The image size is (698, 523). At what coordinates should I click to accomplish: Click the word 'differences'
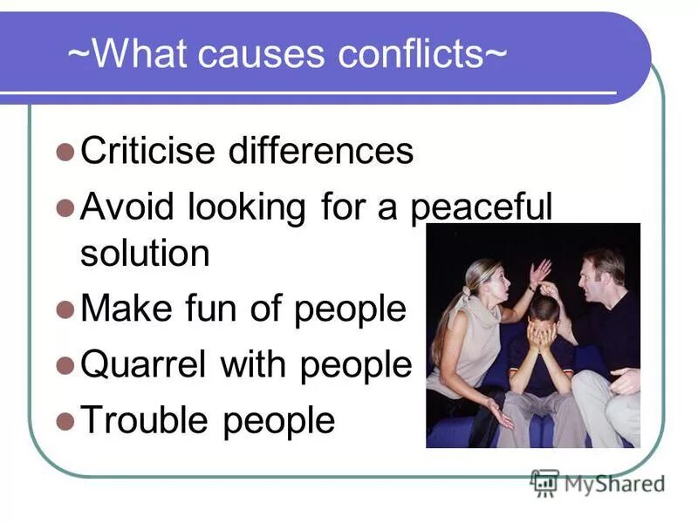tap(320, 151)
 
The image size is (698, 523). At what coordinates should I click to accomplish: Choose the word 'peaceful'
tap(482, 209)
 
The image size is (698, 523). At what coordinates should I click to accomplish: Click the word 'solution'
tap(145, 254)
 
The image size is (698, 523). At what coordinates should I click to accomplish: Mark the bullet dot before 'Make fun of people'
tap(64, 310)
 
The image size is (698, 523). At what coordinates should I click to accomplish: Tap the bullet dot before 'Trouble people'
tap(64, 422)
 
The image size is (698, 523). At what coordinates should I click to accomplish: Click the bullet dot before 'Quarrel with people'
tap(64, 366)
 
